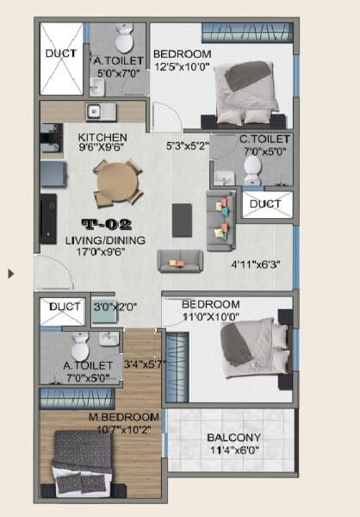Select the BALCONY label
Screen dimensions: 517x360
click(x=233, y=437)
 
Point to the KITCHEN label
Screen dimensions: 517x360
click(x=102, y=137)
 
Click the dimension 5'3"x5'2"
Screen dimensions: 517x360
click(x=187, y=146)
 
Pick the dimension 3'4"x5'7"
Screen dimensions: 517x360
click(x=143, y=364)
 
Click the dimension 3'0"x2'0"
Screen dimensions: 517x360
click(x=109, y=306)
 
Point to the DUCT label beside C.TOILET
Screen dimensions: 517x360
click(x=266, y=204)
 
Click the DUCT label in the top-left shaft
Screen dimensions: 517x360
click(x=60, y=53)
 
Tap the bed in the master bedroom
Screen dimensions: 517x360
click(x=82, y=462)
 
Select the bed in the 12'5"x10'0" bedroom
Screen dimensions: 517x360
click(x=248, y=93)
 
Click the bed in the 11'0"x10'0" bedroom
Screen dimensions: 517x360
click(x=256, y=347)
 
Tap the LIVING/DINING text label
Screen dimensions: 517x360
click(x=112, y=240)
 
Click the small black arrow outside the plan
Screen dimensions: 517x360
click(x=11, y=274)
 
